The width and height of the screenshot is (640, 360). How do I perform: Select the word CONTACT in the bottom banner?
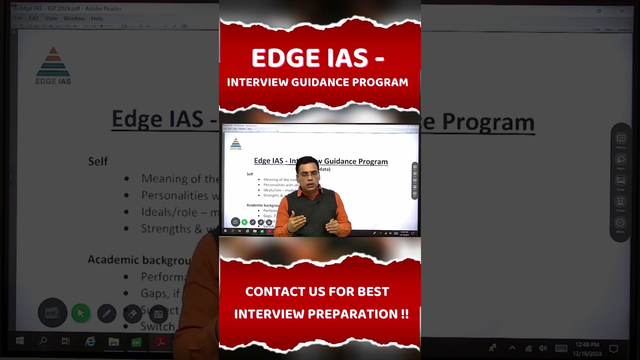click(x=275, y=291)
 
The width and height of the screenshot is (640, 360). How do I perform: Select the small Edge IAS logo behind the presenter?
click(x=235, y=144)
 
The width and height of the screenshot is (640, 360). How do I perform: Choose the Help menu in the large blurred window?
click(x=97, y=18)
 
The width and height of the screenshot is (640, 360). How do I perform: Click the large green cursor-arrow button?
click(x=81, y=313)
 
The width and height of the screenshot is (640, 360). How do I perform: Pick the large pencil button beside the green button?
click(x=106, y=313)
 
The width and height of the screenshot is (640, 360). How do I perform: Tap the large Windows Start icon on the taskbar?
click(x=20, y=341)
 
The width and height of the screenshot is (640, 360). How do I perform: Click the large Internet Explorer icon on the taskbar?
click(x=90, y=341)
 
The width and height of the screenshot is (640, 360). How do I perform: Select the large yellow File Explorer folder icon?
click(x=113, y=341)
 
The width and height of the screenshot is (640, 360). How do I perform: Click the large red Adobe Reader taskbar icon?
click(x=160, y=342)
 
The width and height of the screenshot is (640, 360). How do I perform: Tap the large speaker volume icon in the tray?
click(x=543, y=348)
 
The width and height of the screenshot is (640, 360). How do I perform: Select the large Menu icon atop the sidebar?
click(x=620, y=139)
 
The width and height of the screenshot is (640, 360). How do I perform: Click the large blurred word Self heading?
click(x=98, y=161)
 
